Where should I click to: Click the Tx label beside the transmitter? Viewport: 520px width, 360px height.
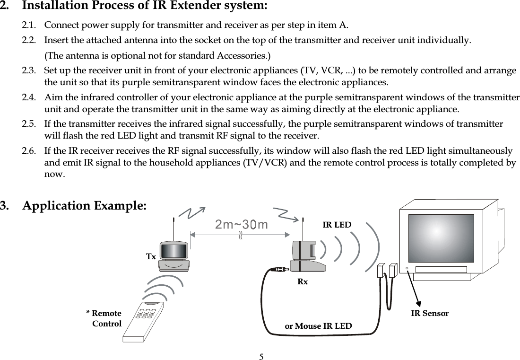tap(150, 256)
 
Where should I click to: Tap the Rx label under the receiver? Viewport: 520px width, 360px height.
tap(302, 281)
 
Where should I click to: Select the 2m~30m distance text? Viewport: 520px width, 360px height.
tap(241, 224)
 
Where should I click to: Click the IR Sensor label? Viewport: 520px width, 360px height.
tap(429, 313)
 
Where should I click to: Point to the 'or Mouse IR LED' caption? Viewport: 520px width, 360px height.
tap(318, 326)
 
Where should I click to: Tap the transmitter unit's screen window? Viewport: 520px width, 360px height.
tap(173, 250)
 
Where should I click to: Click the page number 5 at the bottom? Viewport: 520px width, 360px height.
tap(260, 355)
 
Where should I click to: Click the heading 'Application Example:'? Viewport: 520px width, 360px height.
tap(85, 206)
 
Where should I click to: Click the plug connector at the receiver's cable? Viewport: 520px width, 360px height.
tap(278, 270)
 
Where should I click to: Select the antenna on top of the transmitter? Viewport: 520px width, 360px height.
tap(174, 229)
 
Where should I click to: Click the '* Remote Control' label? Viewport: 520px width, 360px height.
tap(104, 318)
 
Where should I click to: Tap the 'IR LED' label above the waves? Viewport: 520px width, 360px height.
tap(337, 225)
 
